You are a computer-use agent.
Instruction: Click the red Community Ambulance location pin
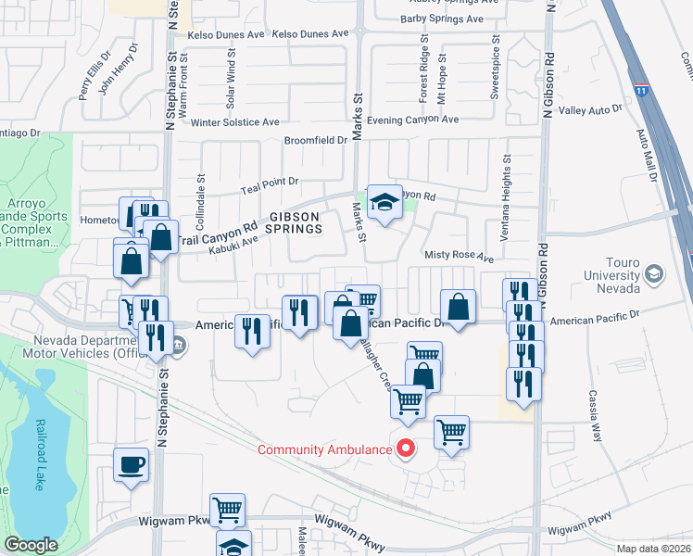[405, 449]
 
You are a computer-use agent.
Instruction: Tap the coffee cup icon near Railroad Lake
[131, 463]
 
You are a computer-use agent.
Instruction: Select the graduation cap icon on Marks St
[382, 201]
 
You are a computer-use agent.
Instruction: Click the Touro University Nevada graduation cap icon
[654, 273]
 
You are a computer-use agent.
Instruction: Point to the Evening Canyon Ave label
[412, 120]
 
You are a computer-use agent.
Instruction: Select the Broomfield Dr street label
[315, 141]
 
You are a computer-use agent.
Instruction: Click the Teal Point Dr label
[270, 183]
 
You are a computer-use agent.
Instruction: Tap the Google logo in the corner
[31, 545]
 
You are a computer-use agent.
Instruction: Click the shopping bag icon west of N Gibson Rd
[459, 305]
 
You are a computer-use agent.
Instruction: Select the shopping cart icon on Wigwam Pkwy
[227, 510]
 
